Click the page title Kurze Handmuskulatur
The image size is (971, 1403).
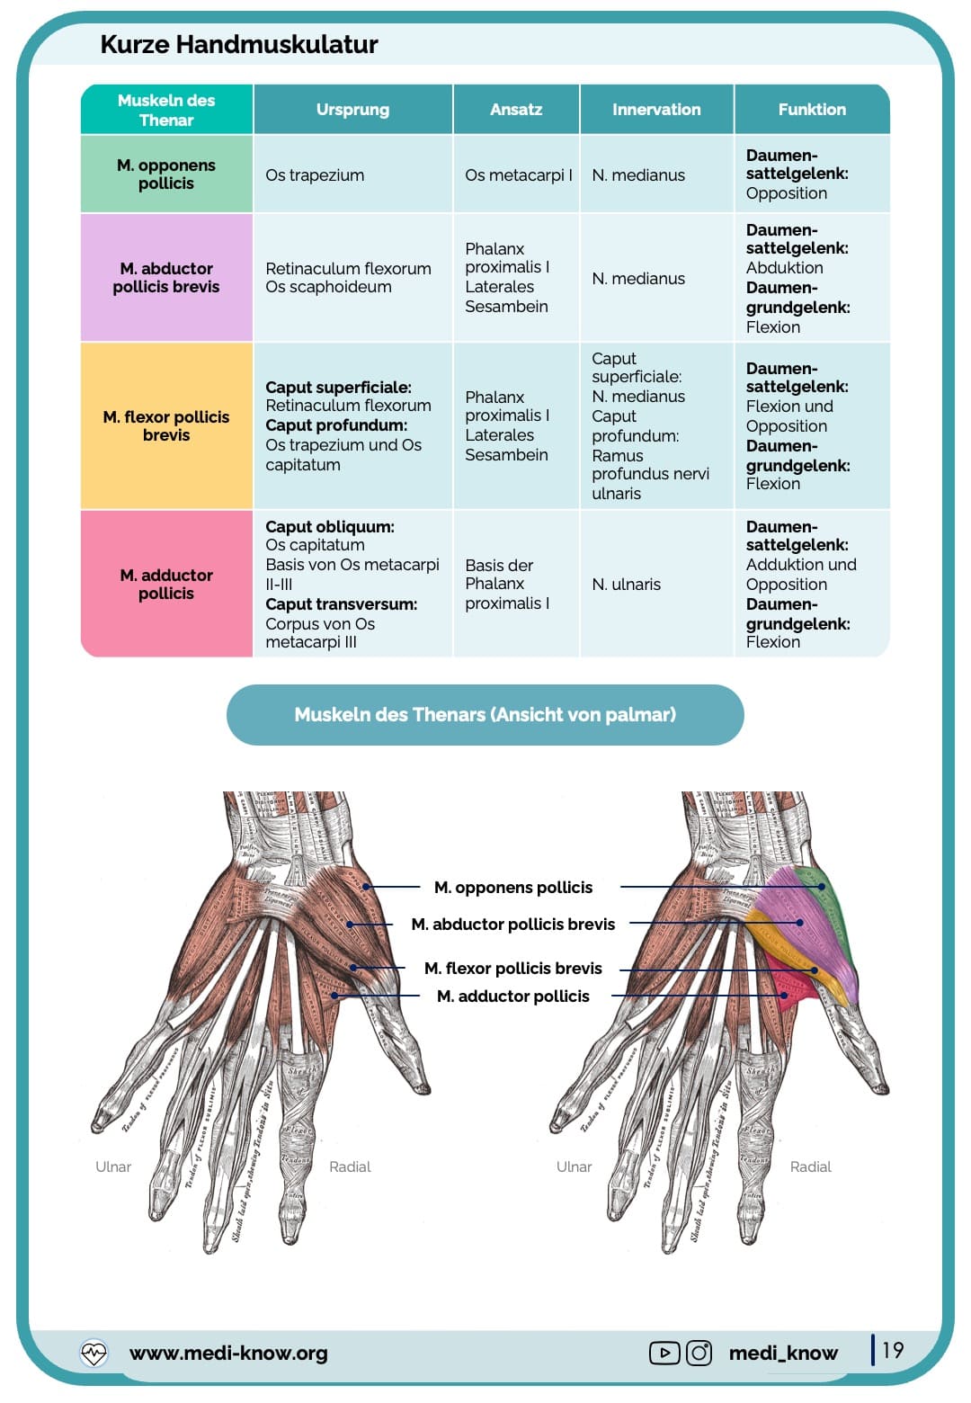[x=238, y=44]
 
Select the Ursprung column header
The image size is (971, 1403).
[x=352, y=110]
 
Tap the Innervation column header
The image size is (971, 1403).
[x=656, y=110]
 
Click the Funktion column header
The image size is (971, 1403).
[x=812, y=110]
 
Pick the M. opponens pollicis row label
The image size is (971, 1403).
[x=166, y=174]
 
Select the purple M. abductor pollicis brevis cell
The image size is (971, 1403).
[x=166, y=278]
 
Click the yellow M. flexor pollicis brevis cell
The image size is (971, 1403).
[x=166, y=426]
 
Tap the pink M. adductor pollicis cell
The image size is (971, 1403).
[x=166, y=585]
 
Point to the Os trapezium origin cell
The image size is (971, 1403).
[x=315, y=175]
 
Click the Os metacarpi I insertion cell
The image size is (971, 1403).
[x=518, y=175]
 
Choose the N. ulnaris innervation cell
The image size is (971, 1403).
[x=627, y=585]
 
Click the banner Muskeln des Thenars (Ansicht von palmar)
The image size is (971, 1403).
[x=485, y=715]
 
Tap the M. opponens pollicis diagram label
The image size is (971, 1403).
[x=513, y=888]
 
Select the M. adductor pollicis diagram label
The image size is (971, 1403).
[x=513, y=996]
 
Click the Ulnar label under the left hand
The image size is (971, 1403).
[x=113, y=1166]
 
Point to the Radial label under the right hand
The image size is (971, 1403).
[x=810, y=1166]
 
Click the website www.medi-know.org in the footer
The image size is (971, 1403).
[x=228, y=1353]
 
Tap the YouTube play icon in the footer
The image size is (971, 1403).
[x=664, y=1353]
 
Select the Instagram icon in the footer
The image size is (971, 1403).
[x=699, y=1353]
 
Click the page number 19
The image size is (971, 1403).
[x=892, y=1350]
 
